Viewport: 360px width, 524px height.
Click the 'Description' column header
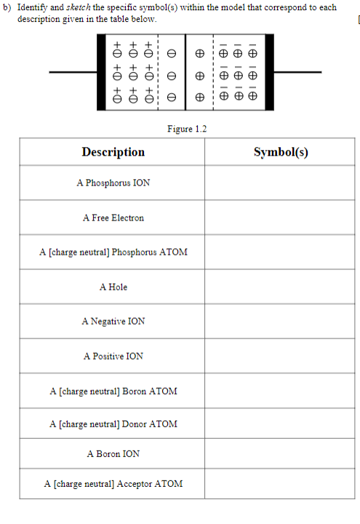coord(113,152)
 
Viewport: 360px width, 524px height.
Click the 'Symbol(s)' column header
coord(281,152)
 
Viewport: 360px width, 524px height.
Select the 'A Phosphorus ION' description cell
coord(113,183)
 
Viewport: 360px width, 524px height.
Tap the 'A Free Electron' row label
coord(113,218)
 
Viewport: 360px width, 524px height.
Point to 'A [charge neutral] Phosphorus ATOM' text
coord(113,252)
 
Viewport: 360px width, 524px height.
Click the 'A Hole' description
coord(113,287)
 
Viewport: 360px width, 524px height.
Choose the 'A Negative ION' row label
coord(113,321)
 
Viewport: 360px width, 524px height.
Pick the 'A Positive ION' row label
coord(113,356)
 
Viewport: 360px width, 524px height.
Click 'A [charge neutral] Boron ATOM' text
coord(113,391)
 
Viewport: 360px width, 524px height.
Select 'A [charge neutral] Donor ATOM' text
coord(113,424)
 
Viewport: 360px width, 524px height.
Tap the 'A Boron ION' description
coord(113,453)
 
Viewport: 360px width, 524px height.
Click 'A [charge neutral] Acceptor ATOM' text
coord(113,483)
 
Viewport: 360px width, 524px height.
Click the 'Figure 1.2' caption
coord(187,129)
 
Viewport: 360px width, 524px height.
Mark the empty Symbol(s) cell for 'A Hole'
coord(281,287)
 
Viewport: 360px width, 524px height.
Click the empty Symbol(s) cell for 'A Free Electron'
coord(281,218)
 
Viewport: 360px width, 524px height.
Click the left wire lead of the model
coord(76,72)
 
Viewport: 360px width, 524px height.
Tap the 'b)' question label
coord(8,7)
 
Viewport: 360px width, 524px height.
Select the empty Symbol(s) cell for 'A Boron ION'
coord(281,453)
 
